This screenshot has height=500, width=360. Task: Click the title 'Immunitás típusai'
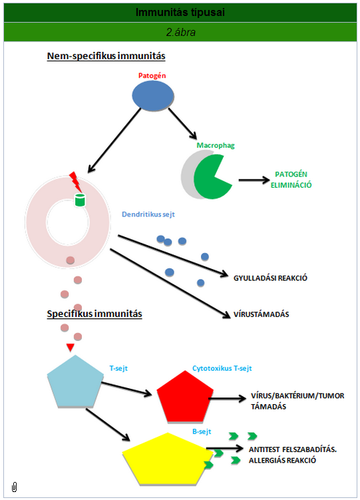180,13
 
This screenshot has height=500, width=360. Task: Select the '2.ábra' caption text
180,32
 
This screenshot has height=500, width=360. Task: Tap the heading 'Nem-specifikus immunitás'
106,56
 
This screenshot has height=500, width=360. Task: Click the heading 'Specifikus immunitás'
94,314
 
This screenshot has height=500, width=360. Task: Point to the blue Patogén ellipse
153,96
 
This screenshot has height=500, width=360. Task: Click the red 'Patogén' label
152,76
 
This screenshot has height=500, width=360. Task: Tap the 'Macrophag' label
216,145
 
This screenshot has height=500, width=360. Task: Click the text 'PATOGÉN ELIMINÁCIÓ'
291,180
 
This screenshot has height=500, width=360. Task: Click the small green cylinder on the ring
80,200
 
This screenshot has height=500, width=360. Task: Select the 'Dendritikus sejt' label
148,214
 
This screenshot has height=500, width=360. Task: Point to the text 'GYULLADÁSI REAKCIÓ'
270,278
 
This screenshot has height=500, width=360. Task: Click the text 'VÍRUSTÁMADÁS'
262,314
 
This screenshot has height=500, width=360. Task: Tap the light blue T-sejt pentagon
75,381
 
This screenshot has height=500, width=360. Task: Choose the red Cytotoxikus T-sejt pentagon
185,396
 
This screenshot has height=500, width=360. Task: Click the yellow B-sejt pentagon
168,459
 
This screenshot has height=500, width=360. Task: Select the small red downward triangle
70,348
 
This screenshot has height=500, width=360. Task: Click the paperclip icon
15,487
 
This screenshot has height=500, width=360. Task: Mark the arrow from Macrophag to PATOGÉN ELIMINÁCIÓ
254,180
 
